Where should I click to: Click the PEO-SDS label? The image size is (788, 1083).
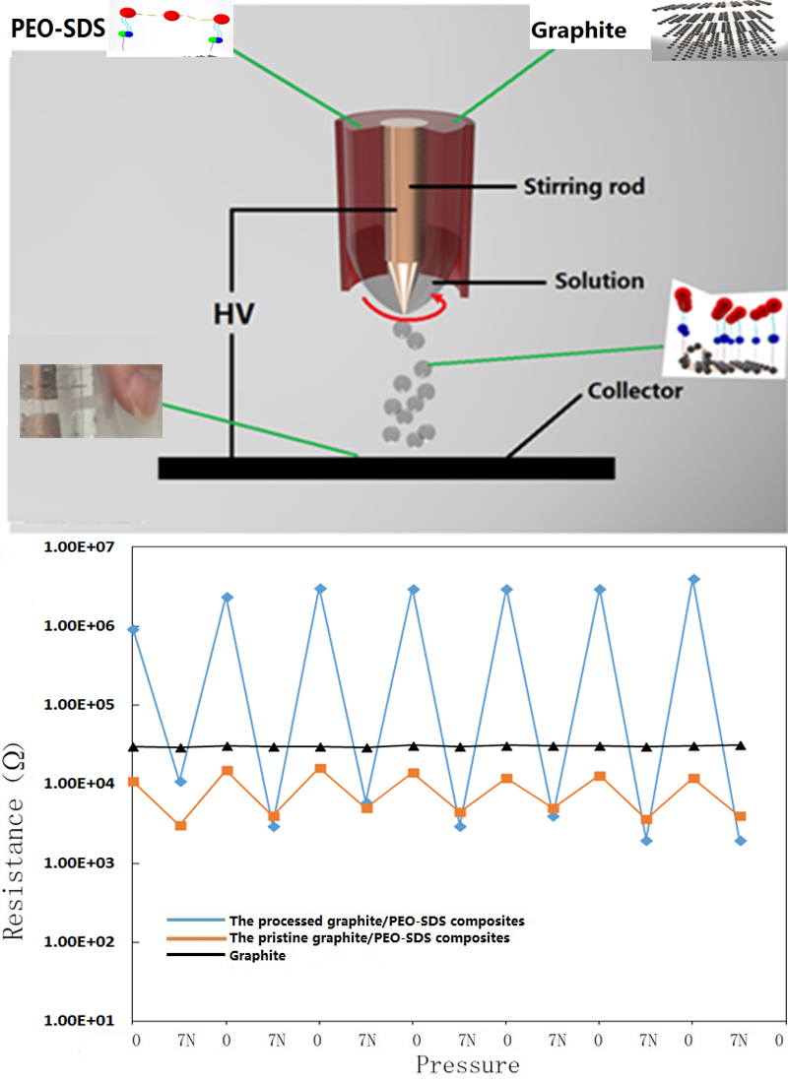click(x=57, y=28)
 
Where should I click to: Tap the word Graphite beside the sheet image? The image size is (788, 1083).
click(x=578, y=31)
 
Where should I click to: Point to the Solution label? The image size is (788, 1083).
click(x=598, y=282)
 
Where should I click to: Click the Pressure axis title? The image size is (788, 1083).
click(x=466, y=1064)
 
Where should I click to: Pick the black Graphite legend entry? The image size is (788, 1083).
click(x=258, y=956)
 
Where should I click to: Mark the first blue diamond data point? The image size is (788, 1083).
click(x=134, y=629)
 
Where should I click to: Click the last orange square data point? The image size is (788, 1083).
click(x=741, y=816)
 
